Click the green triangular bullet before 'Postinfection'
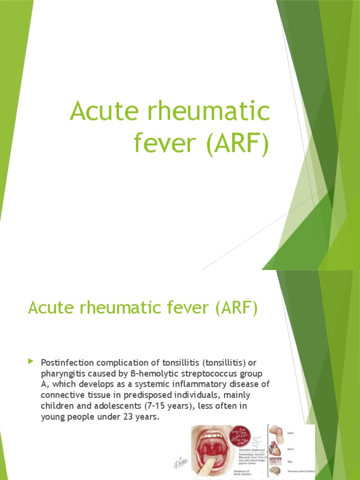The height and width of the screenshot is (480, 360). tap(31, 361)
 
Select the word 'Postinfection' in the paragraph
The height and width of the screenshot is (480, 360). tap(67, 363)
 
